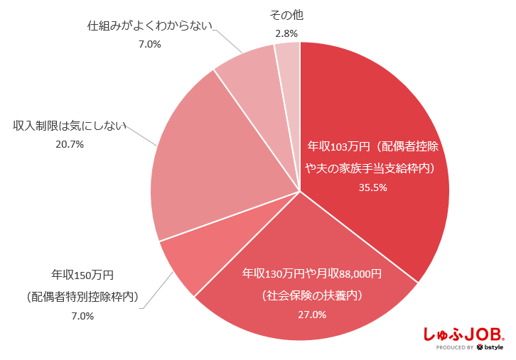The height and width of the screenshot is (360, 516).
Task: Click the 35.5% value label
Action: [x=373, y=188]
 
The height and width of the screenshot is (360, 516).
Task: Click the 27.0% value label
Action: [x=313, y=315]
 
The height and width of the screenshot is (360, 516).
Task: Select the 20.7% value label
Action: [x=70, y=144]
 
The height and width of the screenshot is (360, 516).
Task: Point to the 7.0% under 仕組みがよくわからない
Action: [x=150, y=44]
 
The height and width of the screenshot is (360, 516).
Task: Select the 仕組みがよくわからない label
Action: [x=150, y=26]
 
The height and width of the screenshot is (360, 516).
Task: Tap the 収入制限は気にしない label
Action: [x=70, y=126]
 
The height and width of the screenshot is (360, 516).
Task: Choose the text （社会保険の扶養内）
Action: [x=313, y=294]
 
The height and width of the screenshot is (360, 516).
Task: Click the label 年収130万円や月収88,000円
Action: [x=313, y=273]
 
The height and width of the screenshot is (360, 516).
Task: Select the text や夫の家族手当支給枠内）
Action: [x=370, y=168]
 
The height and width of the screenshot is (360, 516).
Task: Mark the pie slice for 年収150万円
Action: [x=186, y=263]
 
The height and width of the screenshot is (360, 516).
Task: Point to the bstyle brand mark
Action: [x=490, y=348]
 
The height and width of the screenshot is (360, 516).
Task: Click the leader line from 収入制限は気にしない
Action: [x=142, y=136]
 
